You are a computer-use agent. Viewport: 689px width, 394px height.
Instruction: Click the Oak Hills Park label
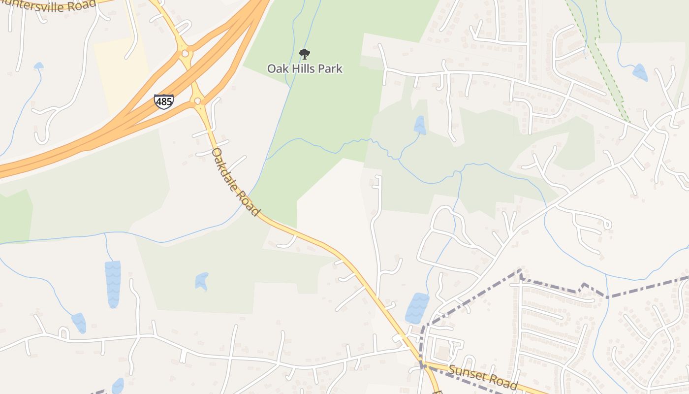[305, 68]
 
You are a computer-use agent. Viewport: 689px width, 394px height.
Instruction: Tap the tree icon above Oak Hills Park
[305, 54]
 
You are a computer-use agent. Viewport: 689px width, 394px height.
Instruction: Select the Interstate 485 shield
[163, 101]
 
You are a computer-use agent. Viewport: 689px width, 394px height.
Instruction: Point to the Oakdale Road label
[235, 182]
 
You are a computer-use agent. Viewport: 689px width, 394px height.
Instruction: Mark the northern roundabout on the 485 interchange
[186, 53]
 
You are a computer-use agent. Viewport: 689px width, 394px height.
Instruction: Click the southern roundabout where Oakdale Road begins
[198, 101]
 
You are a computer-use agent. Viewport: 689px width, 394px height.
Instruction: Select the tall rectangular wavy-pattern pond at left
[113, 284]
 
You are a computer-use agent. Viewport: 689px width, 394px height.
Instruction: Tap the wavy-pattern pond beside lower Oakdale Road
[417, 307]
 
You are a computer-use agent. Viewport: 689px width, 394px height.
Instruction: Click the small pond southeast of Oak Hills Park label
[420, 125]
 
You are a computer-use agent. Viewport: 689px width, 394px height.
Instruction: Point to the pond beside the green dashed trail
[640, 72]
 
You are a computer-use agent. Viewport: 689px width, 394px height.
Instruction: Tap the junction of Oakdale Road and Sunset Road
[422, 365]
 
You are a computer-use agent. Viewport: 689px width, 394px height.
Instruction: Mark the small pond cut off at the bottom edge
[118, 387]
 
